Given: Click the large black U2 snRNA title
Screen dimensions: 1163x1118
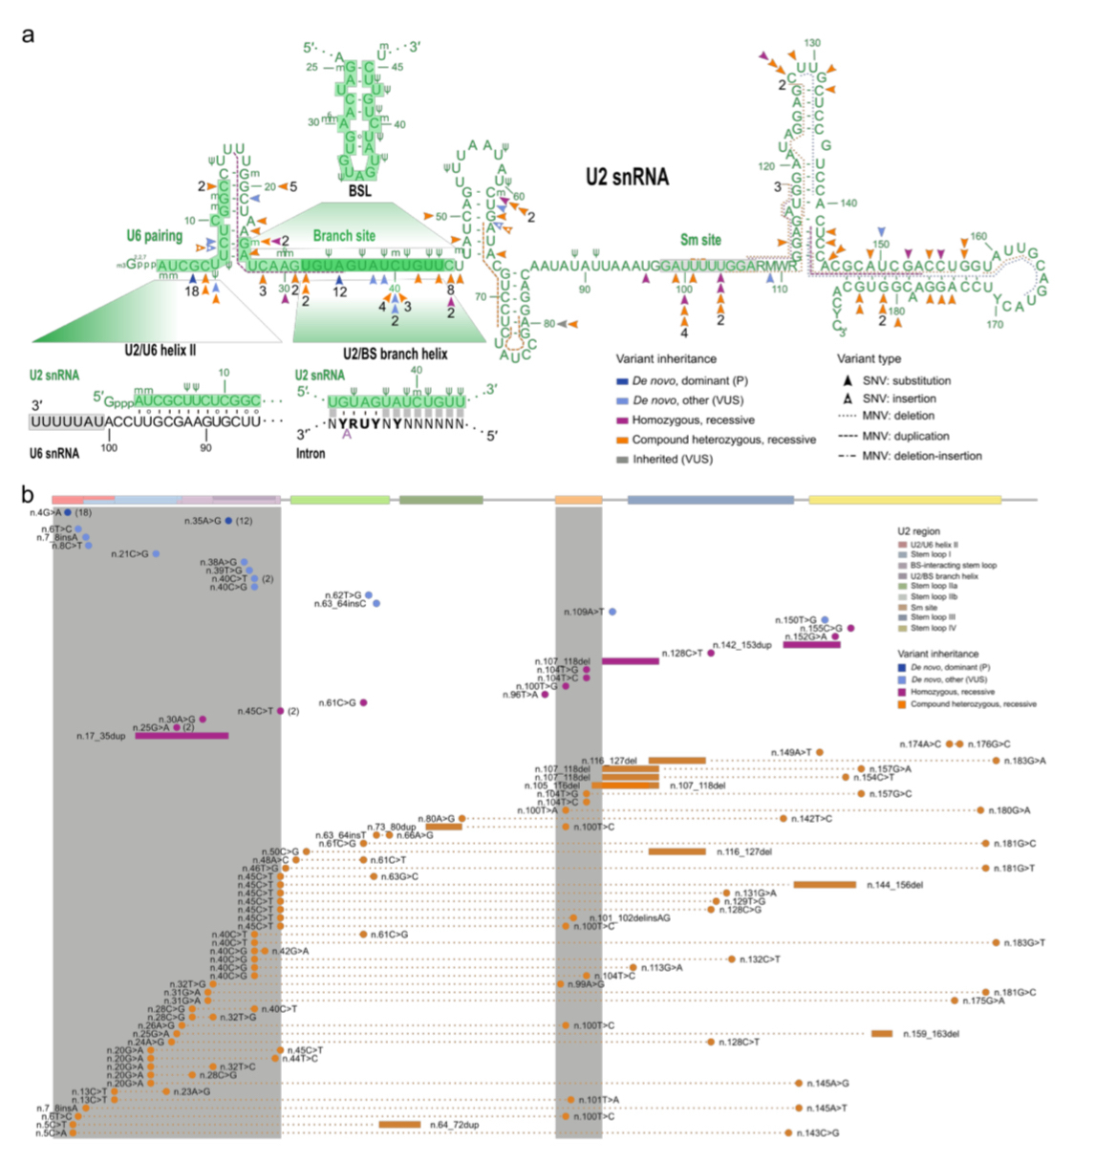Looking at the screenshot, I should [627, 177].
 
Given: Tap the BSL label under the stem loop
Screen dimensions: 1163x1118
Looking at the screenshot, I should [359, 191].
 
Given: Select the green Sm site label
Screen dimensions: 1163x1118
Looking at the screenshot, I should [700, 240].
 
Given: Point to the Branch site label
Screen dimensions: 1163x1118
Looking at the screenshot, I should [344, 235].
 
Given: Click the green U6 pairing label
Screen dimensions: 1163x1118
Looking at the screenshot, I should [154, 235].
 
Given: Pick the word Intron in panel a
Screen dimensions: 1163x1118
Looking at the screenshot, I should [311, 453].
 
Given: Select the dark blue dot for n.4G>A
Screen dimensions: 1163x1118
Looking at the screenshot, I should [68, 513].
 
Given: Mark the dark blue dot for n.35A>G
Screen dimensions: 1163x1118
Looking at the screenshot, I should [228, 521].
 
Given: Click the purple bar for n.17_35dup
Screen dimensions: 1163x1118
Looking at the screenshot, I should [182, 736].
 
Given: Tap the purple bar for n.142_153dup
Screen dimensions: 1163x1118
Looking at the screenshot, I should [811, 645].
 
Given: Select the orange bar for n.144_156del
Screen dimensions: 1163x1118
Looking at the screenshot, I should [825, 885].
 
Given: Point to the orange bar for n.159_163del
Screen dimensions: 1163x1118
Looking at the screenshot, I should [882, 1034].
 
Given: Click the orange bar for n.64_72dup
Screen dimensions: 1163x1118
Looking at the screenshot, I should [399, 1125].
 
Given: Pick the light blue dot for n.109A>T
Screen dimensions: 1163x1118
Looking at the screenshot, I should [613, 612].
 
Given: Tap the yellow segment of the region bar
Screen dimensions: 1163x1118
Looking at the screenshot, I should [904, 500].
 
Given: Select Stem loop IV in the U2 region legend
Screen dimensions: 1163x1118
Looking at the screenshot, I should [933, 628].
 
